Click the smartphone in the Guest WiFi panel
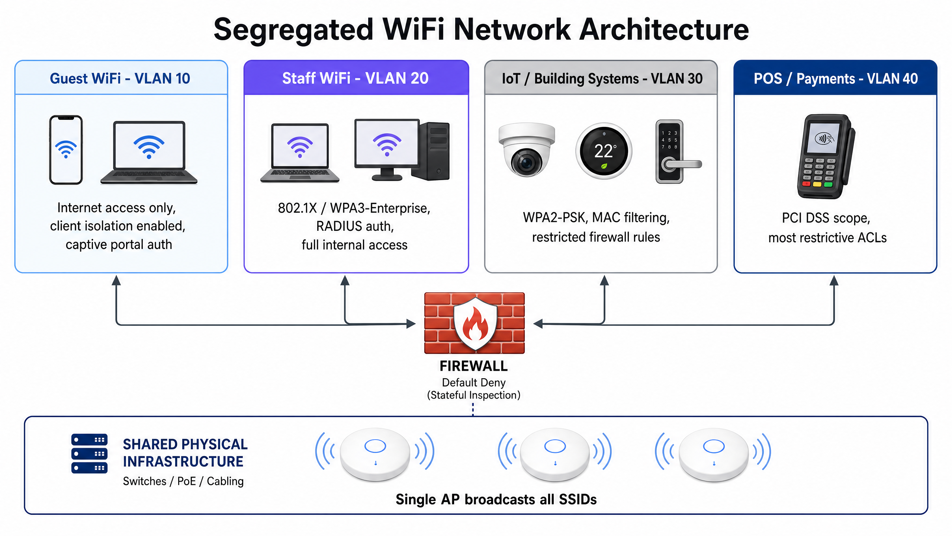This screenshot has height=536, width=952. click(x=66, y=150)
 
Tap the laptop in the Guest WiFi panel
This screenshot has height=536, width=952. click(x=149, y=152)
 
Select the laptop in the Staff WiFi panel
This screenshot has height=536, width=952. click(x=300, y=153)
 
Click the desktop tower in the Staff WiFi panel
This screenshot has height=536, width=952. click(x=431, y=151)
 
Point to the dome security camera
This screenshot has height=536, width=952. click(x=527, y=150)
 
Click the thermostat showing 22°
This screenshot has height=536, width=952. click(x=604, y=151)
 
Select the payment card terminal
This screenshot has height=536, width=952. click(x=826, y=156)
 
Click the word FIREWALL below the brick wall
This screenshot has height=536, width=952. click(x=473, y=366)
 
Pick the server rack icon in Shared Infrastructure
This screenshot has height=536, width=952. click(x=89, y=453)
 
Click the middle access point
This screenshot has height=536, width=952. click(x=555, y=454)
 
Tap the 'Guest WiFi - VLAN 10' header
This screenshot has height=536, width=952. click(x=120, y=79)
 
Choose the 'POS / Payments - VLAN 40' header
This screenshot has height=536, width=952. click(x=836, y=79)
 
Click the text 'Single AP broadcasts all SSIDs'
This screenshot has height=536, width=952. click(x=496, y=500)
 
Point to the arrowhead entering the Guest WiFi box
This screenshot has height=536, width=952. click(x=116, y=280)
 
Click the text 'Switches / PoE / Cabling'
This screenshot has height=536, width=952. click(x=183, y=481)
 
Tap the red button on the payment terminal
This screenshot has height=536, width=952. click(x=806, y=184)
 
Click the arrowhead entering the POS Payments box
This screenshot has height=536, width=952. click(x=834, y=280)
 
